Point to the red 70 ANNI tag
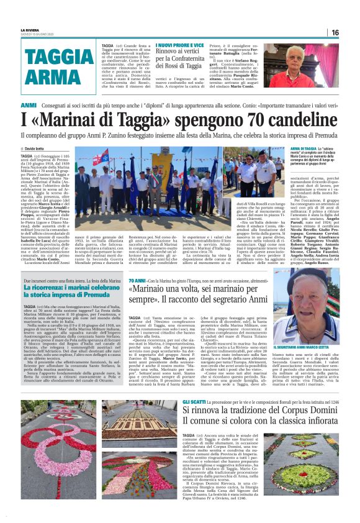tap(137, 281)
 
